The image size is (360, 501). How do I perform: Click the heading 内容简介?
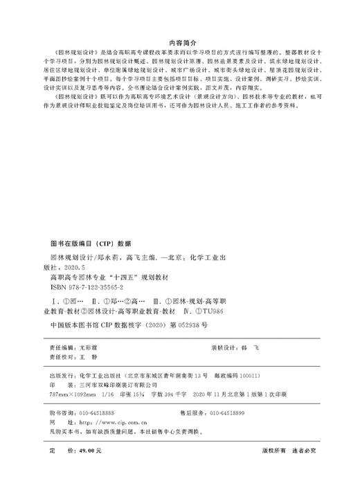pyautogui.click(x=180, y=41)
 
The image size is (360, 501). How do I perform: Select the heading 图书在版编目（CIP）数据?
pyautogui.click(x=87, y=244)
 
